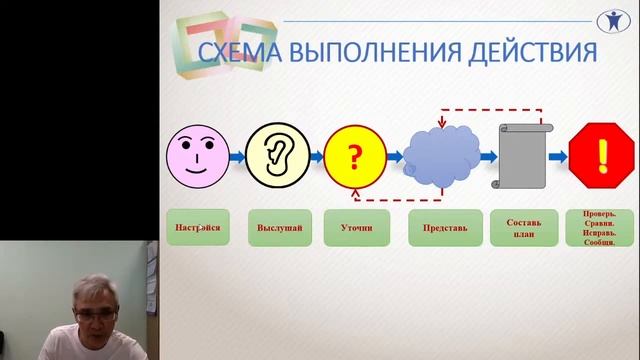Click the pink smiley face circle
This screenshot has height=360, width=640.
coord(196,157)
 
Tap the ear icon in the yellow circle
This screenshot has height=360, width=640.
coord(275,157)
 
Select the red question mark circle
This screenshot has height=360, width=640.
coord(353,157)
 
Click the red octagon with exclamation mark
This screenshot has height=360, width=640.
coord(602,157)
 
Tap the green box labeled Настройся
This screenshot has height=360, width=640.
coord(196,228)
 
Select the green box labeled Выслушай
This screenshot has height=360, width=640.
coord(275,228)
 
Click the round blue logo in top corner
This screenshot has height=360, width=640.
coord(619,21)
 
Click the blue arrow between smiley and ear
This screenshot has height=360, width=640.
coord(236,157)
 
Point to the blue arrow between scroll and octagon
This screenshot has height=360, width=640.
coord(557,157)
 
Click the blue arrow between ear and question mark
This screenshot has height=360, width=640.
coord(314,157)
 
